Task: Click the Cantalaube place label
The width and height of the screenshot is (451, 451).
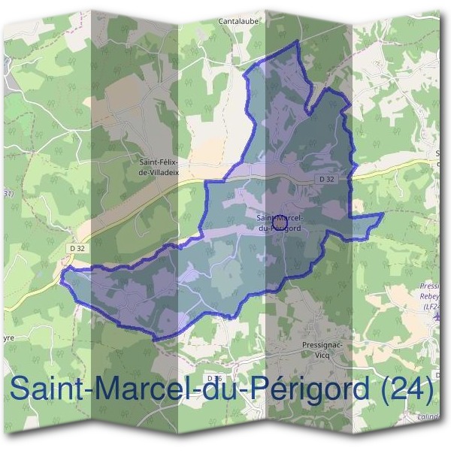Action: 239,22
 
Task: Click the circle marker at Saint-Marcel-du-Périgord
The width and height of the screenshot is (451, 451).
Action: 279,222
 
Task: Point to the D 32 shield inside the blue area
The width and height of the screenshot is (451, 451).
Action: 325,179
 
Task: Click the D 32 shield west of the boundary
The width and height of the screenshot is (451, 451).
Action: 78,248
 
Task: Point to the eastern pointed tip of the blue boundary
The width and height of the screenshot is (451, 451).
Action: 383,214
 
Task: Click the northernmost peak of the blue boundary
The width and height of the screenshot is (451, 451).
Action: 298,40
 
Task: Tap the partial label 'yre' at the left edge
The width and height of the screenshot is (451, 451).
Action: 8,338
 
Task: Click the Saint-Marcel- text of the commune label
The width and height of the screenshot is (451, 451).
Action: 279,218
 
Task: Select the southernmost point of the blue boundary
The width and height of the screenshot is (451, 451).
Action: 156,339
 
